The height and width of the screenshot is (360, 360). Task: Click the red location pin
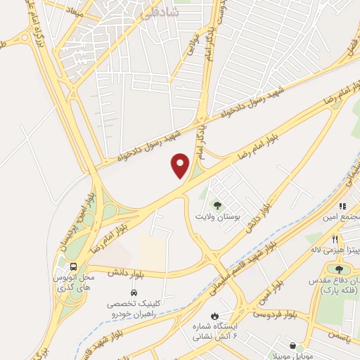click(181, 166)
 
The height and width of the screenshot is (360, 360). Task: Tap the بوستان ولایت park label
click(221, 218)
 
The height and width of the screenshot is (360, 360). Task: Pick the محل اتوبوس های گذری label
click(72, 283)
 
